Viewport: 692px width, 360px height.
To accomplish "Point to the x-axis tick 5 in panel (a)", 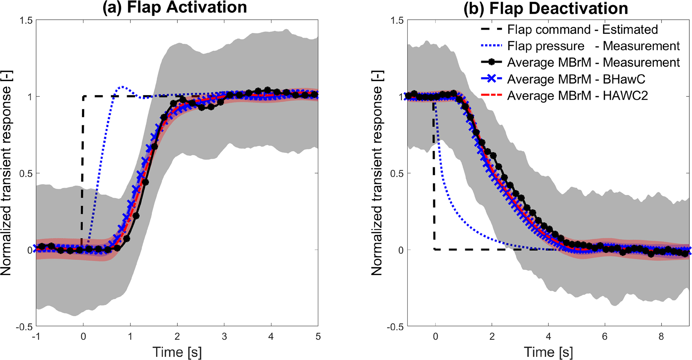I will pos(318,336).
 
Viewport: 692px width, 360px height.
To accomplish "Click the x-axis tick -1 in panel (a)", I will pos(36,336).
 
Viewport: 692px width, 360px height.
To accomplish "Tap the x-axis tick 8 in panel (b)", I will pos(661,336).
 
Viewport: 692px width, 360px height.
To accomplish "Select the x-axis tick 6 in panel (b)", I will pos(605,336).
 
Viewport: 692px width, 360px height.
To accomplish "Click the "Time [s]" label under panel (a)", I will pos(177,352).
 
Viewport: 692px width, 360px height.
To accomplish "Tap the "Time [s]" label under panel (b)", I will pos(548,352).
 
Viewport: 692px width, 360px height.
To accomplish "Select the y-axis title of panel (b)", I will pos(377,173).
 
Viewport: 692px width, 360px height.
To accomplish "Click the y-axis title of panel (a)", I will pos(6,173).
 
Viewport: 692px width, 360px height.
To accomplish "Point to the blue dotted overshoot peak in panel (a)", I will pos(123,87).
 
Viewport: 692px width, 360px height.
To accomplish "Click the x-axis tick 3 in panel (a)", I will pos(224,336).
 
